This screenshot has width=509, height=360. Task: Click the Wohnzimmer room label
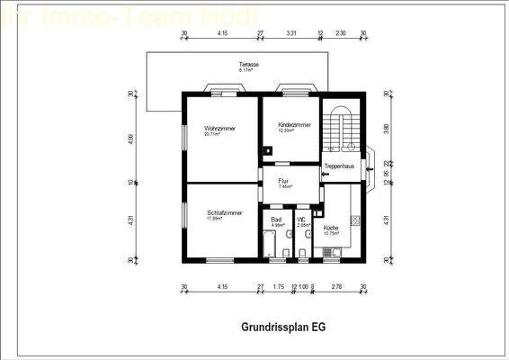(x=219, y=129)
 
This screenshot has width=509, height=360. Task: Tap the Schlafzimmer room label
(x=224, y=212)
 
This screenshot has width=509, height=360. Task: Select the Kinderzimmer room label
(x=294, y=125)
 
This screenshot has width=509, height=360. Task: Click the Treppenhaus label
(x=339, y=166)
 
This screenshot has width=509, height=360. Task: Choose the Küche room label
(x=331, y=228)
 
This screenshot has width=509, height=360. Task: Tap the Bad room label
(x=276, y=220)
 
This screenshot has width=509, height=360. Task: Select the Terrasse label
(x=249, y=64)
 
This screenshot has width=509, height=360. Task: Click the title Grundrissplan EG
(x=283, y=328)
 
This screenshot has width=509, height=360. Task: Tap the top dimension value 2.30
(x=340, y=33)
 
